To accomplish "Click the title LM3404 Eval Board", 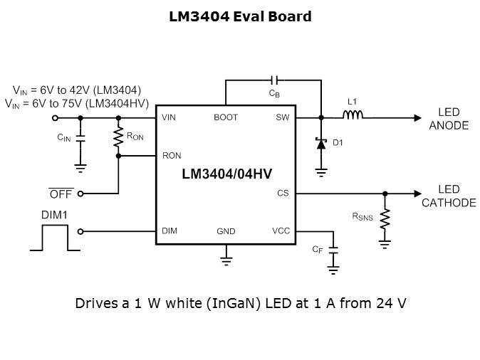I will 240,16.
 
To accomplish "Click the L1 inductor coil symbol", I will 354,117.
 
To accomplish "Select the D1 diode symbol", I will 321,142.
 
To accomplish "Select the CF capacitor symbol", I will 333,249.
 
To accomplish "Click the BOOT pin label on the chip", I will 226,117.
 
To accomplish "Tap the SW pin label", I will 282,117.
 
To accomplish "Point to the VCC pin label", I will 281,231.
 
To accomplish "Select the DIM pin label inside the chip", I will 169,231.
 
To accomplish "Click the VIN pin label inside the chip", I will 169,117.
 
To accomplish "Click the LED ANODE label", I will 449,119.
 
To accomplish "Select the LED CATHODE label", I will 449,196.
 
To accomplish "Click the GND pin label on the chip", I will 226,232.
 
